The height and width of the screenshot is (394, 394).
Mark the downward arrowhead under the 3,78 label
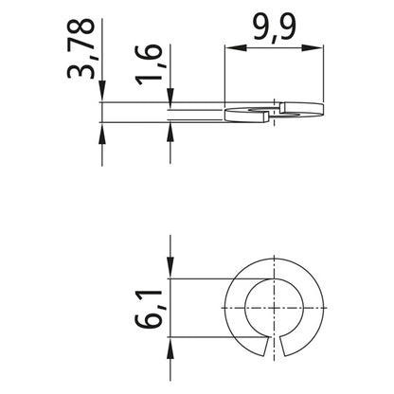point(101,96)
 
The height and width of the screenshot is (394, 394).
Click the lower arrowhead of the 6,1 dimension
point(170,349)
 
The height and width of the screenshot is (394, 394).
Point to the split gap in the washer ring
point(284,349)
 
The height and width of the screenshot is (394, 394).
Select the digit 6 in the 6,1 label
point(151,322)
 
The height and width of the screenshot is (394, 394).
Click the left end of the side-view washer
point(227,116)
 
